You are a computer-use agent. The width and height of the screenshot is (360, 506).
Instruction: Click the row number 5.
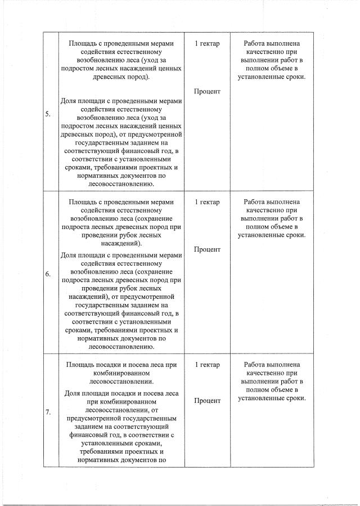pos(48,114)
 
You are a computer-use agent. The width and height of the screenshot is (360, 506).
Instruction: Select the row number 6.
pos(48,274)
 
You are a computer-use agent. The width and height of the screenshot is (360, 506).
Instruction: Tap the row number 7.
pos(48,412)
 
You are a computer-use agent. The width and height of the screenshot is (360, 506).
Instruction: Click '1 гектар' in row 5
pos(207,44)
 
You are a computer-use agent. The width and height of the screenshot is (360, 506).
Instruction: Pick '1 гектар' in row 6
pos(207,202)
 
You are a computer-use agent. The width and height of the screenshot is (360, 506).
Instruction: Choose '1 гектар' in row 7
pos(207,365)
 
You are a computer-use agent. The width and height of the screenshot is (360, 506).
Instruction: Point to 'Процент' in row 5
pos(207,91)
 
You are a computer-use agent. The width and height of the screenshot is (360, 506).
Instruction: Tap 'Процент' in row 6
pos(207,249)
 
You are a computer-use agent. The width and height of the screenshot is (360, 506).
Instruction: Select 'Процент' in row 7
pos(207,401)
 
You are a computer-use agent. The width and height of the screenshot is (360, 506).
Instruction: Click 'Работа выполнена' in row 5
pos(272,44)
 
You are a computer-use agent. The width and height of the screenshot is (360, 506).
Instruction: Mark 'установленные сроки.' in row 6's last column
pos(272,235)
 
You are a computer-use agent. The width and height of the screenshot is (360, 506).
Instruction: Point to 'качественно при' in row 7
pos(272,373)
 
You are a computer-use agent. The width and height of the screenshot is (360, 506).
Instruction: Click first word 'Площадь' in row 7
pos(80,365)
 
